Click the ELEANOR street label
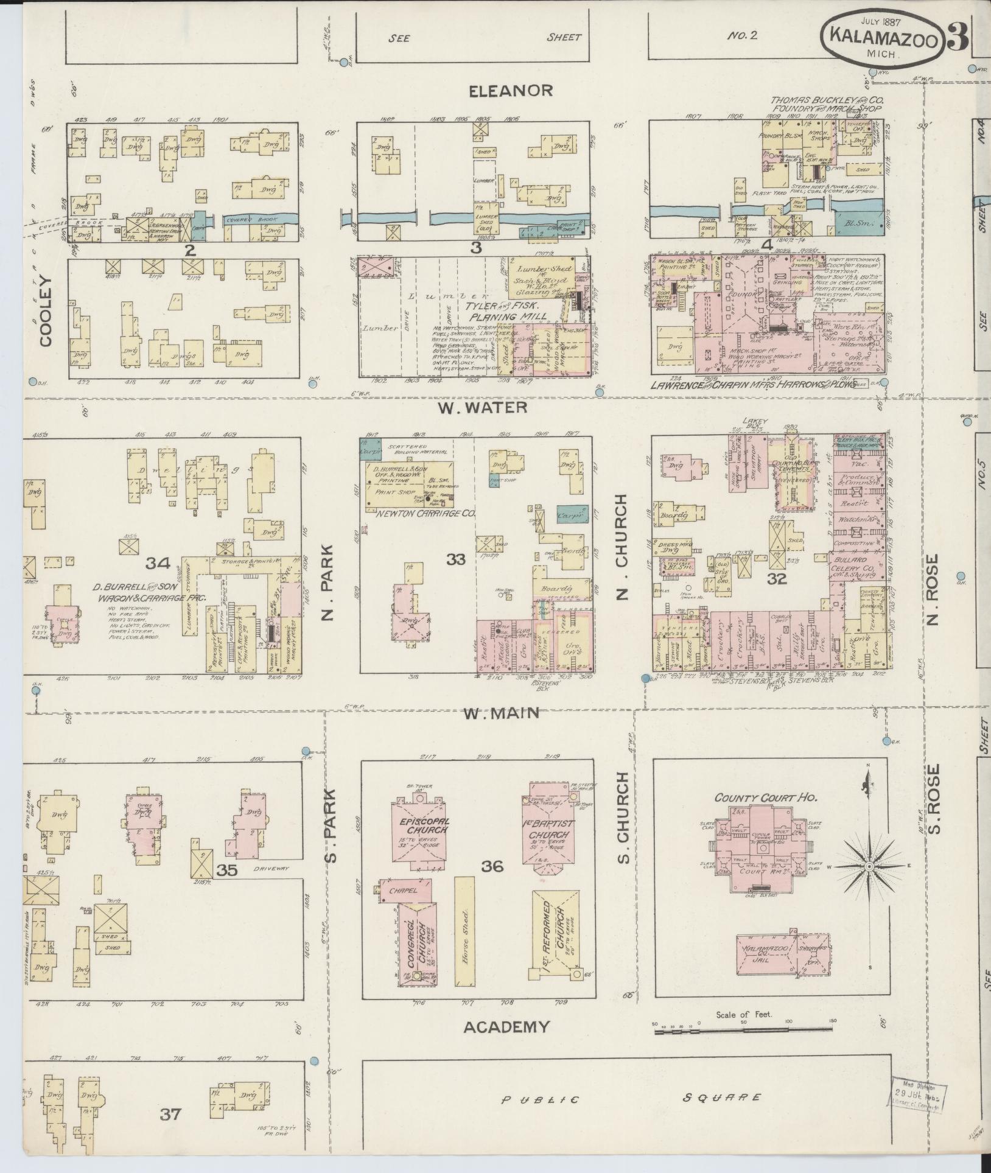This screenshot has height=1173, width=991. (511, 91)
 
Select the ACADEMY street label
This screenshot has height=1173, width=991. (507, 1027)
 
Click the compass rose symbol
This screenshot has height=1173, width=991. (869, 866)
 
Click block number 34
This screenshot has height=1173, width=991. (156, 563)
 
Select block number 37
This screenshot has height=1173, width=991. (170, 1114)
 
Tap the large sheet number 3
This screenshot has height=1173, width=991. (958, 38)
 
